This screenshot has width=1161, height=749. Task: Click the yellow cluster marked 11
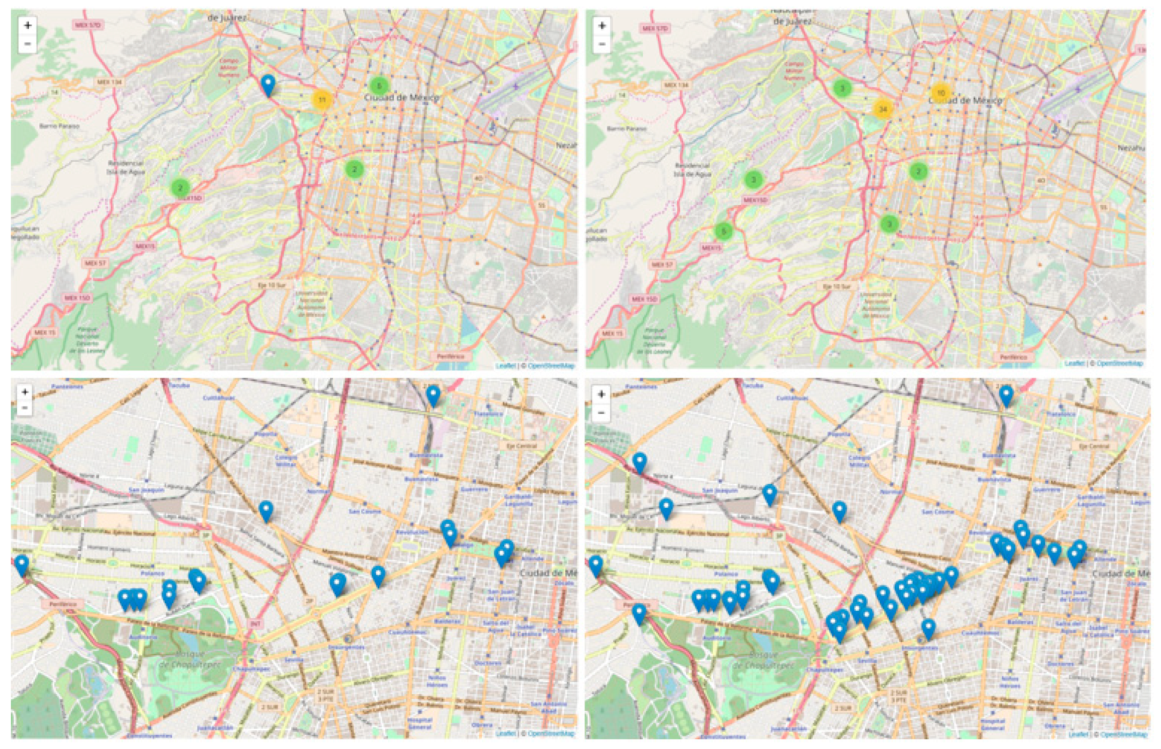(x=322, y=100)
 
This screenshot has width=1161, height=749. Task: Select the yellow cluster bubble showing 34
(x=883, y=109)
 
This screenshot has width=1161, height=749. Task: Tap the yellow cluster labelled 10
(x=940, y=93)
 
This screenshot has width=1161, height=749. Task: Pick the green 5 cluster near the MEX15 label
(x=723, y=231)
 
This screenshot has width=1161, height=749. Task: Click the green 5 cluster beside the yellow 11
(x=379, y=86)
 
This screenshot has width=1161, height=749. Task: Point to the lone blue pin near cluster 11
(x=268, y=84)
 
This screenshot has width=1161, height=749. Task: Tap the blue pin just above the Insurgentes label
(x=928, y=628)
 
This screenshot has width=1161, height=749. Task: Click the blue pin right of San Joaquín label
(x=770, y=494)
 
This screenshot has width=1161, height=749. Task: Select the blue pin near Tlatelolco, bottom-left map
(x=433, y=395)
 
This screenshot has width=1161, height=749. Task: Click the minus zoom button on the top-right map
(x=602, y=44)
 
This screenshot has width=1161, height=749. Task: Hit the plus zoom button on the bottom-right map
(x=601, y=394)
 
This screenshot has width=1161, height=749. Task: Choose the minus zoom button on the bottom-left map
(x=24, y=408)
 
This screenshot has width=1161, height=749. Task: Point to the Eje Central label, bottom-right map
(x=1094, y=445)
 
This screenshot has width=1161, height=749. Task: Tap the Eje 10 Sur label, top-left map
(x=272, y=285)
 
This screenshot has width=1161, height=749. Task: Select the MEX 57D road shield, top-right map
(x=655, y=28)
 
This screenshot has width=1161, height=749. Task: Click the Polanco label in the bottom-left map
(x=152, y=573)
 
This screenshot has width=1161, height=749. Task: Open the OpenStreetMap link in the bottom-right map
(x=1124, y=735)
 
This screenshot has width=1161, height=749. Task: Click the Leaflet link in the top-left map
(x=506, y=366)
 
